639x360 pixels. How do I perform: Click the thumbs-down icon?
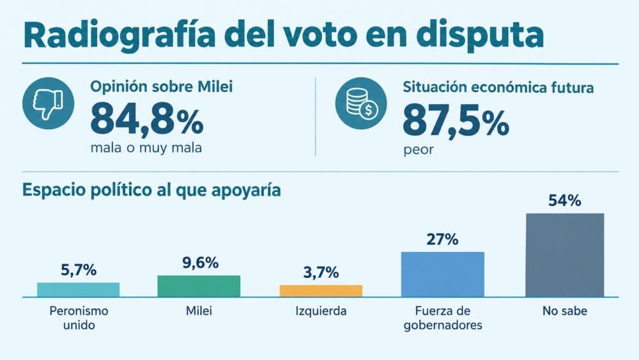pyautogui.click(x=48, y=103)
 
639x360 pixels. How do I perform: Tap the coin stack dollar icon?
pyautogui.click(x=361, y=103)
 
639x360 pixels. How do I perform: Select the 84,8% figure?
pyautogui.click(x=147, y=120)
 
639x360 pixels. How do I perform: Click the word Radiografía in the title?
pyautogui.click(x=119, y=35)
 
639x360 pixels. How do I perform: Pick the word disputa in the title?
pyautogui.click(x=480, y=35)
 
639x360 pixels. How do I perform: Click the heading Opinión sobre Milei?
pyautogui.click(x=162, y=86)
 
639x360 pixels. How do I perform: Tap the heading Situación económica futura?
pyautogui.click(x=498, y=87)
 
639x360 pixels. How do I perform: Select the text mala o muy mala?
pyautogui.click(x=146, y=148)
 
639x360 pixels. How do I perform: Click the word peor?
pyautogui.click(x=419, y=150)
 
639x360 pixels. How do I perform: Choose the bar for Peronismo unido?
pyautogui.click(x=78, y=290)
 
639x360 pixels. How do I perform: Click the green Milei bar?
pyautogui.click(x=199, y=286)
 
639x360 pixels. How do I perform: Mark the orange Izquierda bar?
pyautogui.click(x=321, y=291)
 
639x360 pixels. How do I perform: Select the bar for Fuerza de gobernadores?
pyautogui.click(x=443, y=274)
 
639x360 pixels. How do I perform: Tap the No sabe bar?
pyautogui.click(x=565, y=255)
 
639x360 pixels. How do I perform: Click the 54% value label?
pyautogui.click(x=564, y=201)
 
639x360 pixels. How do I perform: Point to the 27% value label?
pyautogui.click(x=443, y=239)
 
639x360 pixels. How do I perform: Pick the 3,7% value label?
pyautogui.click(x=321, y=272)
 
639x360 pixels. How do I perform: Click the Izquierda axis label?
pyautogui.click(x=321, y=311)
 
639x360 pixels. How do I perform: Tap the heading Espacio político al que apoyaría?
pyautogui.click(x=151, y=191)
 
